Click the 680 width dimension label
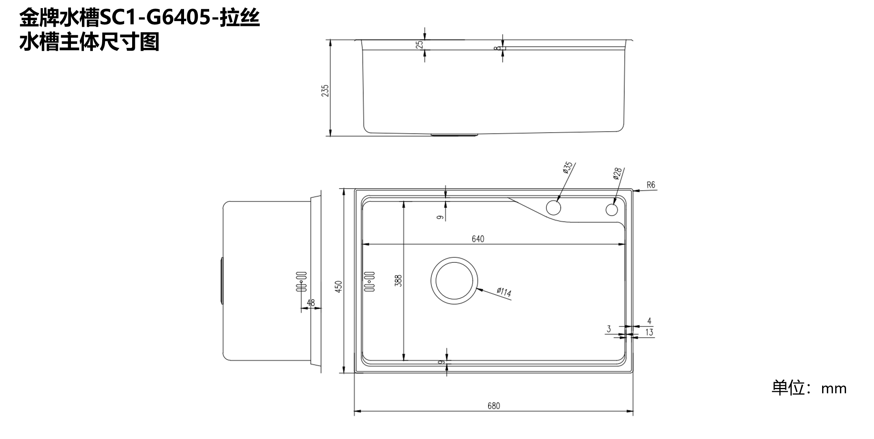point(494,406)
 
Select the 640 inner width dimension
point(478,239)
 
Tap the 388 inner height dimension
point(399,281)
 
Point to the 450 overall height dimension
point(339,286)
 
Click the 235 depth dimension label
point(325,90)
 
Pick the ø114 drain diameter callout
point(504,292)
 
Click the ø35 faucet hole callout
point(568,168)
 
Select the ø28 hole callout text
point(617,173)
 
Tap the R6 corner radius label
point(651,185)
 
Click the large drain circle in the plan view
point(454,281)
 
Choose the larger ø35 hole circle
point(553,208)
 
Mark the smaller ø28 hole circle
point(612,210)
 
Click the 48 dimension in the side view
point(311,302)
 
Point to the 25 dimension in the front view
point(420,44)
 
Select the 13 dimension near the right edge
point(649,332)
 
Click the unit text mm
point(834,389)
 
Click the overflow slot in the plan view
point(370,281)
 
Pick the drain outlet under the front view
point(454,135)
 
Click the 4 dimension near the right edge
point(649,321)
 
